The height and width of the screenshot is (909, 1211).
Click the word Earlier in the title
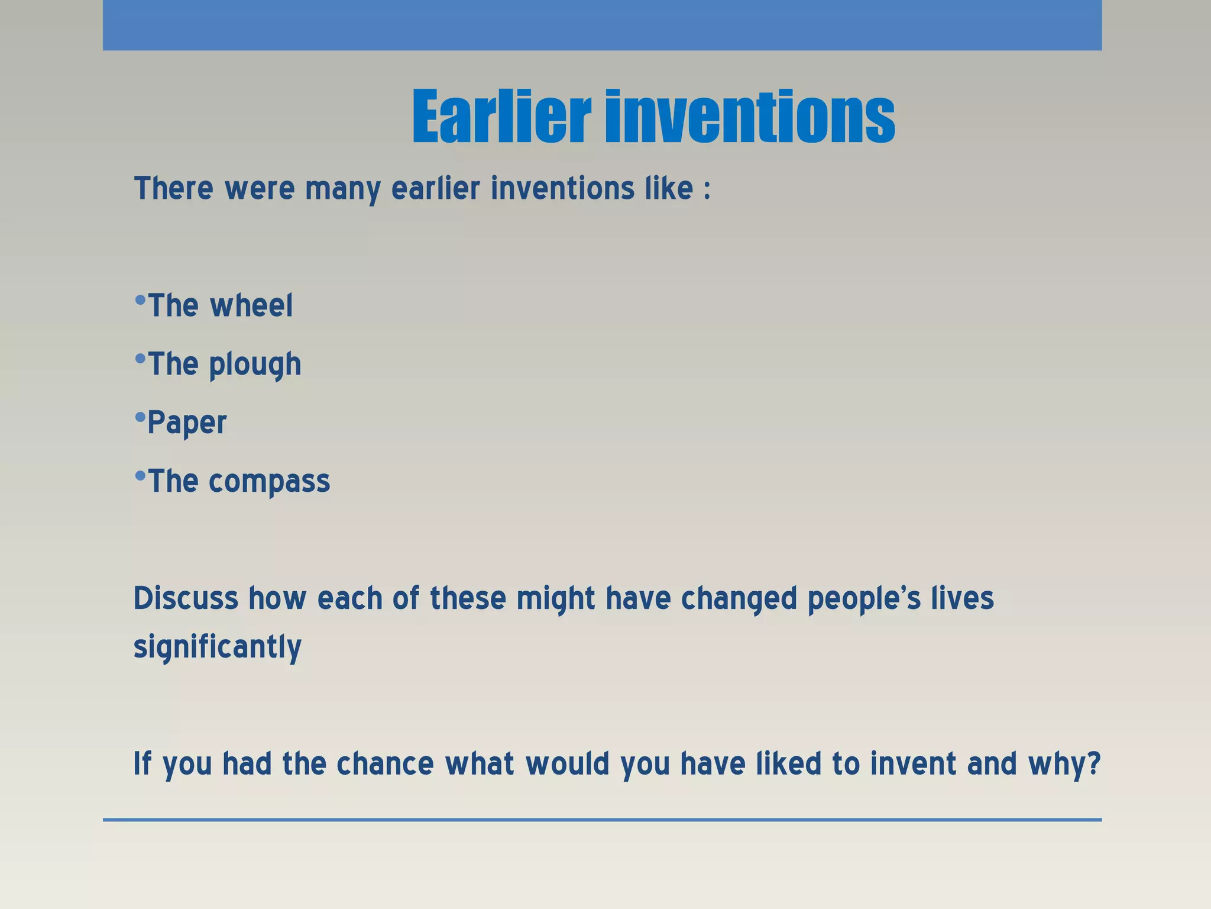501,117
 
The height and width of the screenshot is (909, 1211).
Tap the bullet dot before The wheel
140,300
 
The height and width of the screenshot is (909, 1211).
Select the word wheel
251,306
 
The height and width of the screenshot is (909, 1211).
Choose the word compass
269,481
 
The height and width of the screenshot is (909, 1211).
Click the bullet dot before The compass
140,475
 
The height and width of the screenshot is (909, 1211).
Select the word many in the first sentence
343,189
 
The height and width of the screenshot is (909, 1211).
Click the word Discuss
186,598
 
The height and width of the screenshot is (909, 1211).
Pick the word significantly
218,647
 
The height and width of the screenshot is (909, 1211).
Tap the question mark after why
1093,763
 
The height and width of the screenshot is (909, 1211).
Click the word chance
385,763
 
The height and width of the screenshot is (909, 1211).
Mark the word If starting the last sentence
142,763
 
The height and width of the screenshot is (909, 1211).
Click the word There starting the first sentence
174,189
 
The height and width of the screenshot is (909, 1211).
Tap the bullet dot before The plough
140,358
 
